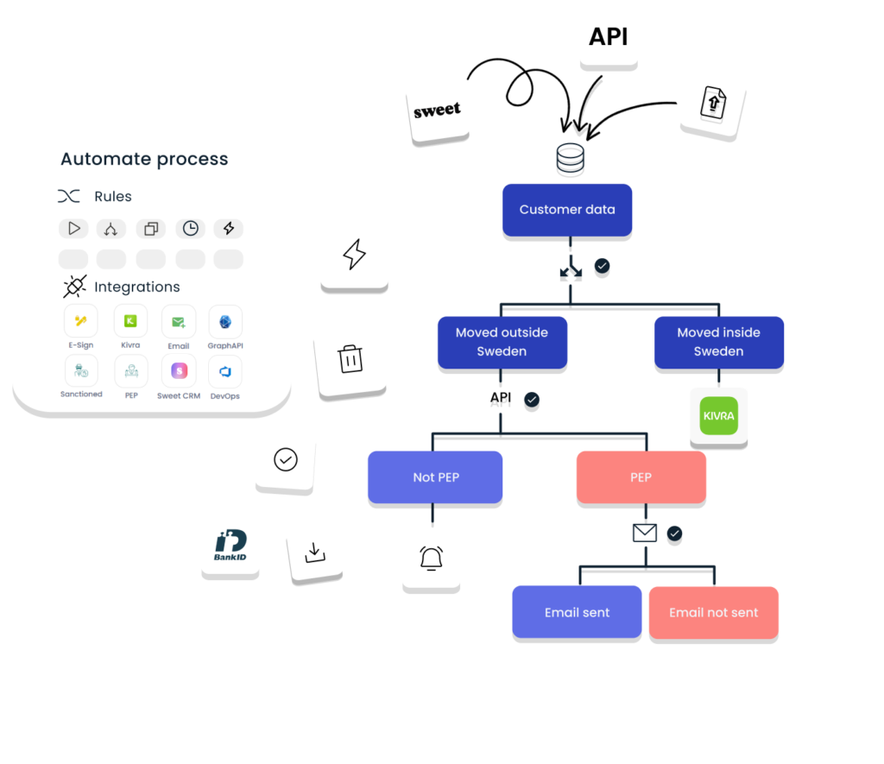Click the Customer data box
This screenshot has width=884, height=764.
[x=567, y=210]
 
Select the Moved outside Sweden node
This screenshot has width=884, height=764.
[x=502, y=342]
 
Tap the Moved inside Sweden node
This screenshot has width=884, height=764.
[x=718, y=342]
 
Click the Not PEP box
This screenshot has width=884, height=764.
[x=435, y=477]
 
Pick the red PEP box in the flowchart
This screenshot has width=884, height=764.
[x=641, y=477]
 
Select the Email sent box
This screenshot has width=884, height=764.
[x=577, y=612]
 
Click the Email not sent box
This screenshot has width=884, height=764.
[x=713, y=612]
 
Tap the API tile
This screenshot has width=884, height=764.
[x=608, y=36]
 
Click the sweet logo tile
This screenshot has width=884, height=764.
[x=438, y=110]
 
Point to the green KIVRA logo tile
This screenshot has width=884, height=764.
[x=718, y=416]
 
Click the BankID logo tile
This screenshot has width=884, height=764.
[x=230, y=546]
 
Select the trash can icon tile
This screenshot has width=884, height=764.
[x=350, y=359]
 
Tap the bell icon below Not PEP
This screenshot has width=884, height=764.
[x=431, y=559]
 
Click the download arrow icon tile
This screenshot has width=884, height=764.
[x=314, y=552]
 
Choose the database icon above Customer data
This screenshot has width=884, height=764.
[x=570, y=158]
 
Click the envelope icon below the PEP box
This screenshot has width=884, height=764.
[x=644, y=534]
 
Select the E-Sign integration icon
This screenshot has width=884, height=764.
[x=81, y=322]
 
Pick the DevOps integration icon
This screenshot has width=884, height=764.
[x=224, y=372]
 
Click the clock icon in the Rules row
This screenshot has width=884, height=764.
[x=190, y=229]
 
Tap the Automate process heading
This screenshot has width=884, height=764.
[x=144, y=159]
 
